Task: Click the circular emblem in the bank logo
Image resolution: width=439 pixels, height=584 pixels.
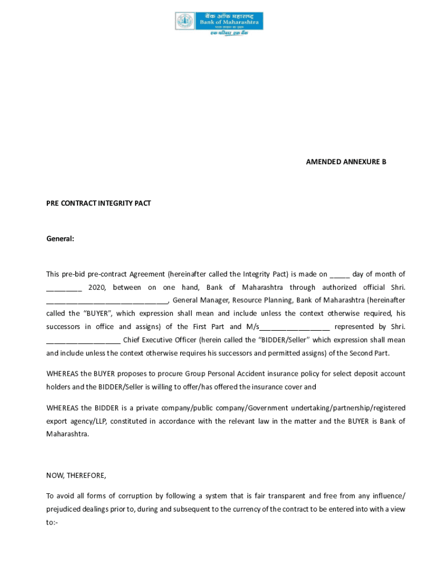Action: [185, 22]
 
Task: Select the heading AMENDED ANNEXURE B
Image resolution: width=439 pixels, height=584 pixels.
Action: [346, 162]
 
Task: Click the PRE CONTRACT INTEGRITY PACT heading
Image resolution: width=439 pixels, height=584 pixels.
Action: [98, 203]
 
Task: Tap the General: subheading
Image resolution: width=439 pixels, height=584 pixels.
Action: [60, 238]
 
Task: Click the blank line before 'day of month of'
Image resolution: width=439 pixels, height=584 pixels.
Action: [339, 274]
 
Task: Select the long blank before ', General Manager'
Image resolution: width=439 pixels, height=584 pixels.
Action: [107, 301]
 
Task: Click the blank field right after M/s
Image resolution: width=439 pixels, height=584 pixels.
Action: [295, 327]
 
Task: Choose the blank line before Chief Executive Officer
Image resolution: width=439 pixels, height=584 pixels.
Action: [83, 340]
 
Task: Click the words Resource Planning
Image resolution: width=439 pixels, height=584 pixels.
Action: [262, 301]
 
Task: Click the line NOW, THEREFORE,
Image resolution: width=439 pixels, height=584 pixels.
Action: [76, 475]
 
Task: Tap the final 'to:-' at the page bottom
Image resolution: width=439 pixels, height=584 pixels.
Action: [53, 522]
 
